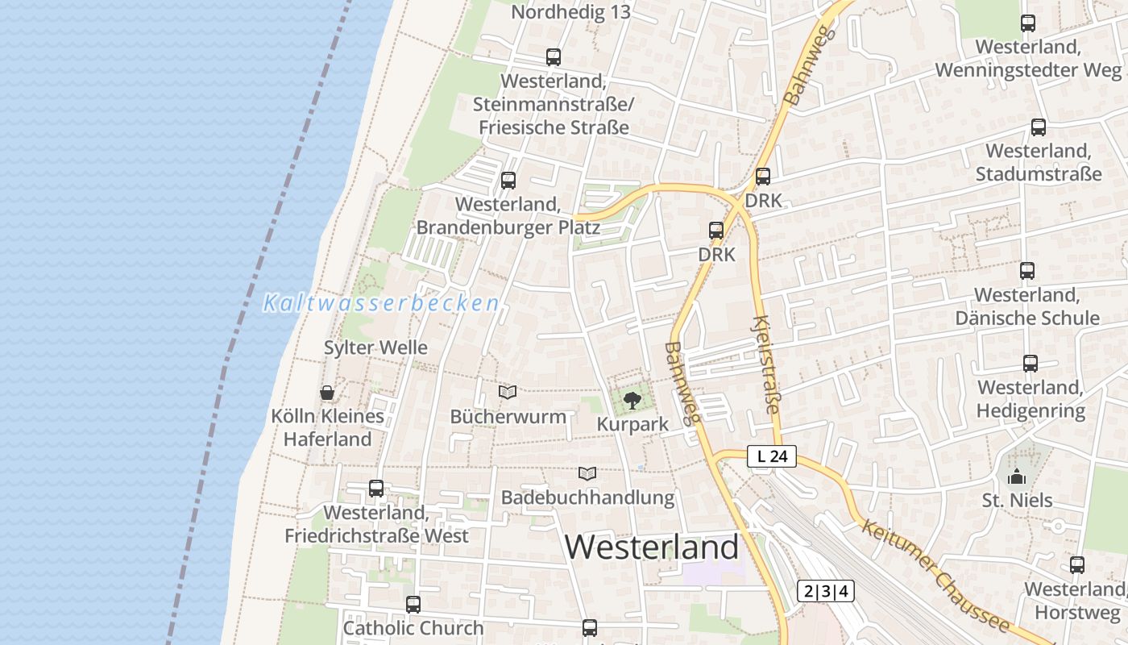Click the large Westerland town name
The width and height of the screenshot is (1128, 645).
[x=651, y=547]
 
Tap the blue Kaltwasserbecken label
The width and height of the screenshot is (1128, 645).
[x=381, y=304]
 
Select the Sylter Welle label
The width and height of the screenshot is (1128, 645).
[x=375, y=347]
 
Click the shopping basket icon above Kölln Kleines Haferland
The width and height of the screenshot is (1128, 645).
[x=327, y=393]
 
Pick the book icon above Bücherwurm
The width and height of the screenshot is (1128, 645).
[x=508, y=392]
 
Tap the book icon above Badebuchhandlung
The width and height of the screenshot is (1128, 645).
[x=587, y=473]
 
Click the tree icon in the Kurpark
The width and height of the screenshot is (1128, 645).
[x=632, y=399]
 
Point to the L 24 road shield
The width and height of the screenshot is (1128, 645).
[x=771, y=456]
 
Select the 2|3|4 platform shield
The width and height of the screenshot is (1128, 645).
[x=825, y=591]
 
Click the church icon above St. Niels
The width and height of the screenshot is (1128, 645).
[x=1017, y=476]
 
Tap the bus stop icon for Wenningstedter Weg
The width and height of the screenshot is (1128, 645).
[x=1028, y=23]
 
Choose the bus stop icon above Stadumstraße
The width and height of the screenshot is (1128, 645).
[x=1039, y=127]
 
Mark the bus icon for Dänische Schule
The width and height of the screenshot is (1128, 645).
[x=1026, y=271]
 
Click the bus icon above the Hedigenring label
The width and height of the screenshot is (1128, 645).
[x=1031, y=364]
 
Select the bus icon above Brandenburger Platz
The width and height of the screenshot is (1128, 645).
[x=508, y=181]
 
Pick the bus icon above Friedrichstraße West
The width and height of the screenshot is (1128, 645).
[x=376, y=489]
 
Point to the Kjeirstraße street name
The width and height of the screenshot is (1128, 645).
[x=765, y=364]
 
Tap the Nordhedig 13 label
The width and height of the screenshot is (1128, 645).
[x=570, y=12]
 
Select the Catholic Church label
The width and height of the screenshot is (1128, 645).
[x=413, y=628]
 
